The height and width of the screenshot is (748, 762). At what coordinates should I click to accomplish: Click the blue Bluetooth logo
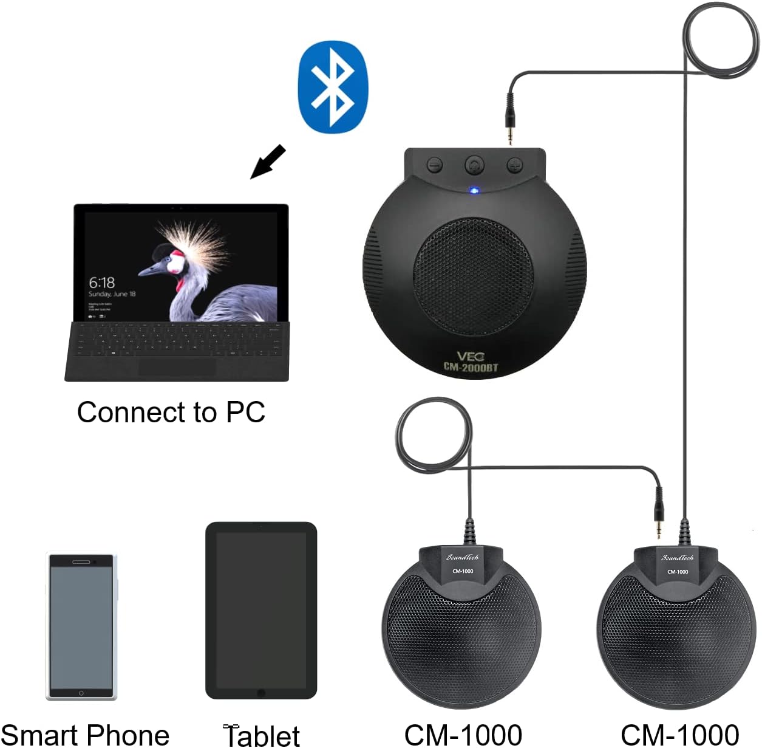click(333, 86)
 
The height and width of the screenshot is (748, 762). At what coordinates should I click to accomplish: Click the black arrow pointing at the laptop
click(268, 162)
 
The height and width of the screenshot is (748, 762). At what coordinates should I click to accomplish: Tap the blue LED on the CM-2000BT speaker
click(474, 191)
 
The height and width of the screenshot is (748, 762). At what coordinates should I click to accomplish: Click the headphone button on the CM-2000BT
click(474, 164)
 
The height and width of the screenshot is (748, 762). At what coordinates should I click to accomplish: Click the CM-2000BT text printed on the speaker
click(471, 367)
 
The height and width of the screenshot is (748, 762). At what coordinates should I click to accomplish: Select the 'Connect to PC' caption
click(171, 412)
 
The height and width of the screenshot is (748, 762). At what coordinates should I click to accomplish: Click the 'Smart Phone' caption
click(85, 735)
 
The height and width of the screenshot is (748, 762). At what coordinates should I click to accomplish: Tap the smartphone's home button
click(81, 693)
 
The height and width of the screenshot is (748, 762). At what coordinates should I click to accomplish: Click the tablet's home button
click(261, 693)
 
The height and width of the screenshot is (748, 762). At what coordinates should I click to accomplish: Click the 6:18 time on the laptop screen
click(101, 283)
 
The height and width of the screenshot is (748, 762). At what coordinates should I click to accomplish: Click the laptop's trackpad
click(177, 367)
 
